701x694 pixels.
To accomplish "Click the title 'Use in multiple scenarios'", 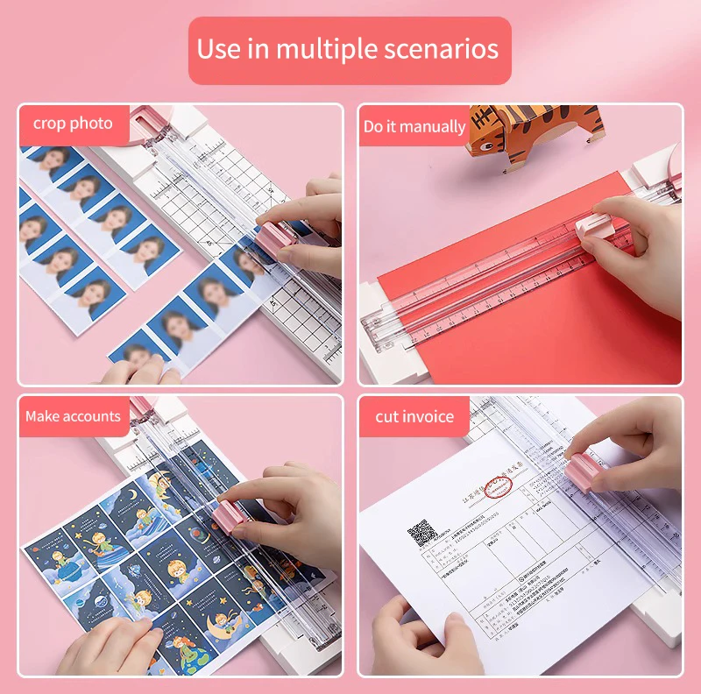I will (x=348, y=49).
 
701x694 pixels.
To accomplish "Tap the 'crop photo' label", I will (x=73, y=124).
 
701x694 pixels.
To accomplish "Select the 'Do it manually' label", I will (x=414, y=126).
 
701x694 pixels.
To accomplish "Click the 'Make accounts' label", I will (x=73, y=416).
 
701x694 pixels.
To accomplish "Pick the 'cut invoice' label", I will (x=414, y=416).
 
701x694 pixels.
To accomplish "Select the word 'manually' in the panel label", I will (x=438, y=127).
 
